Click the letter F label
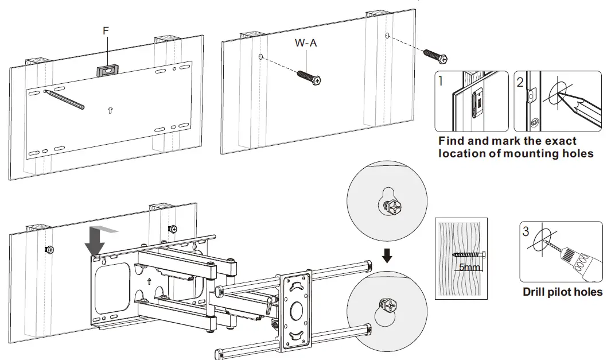(106, 31)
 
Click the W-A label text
(306, 42)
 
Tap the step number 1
(441, 81)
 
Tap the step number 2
(520, 82)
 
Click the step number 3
(526, 232)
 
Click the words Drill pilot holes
(562, 292)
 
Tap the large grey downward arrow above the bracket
(95, 241)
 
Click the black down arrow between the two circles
(387, 254)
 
